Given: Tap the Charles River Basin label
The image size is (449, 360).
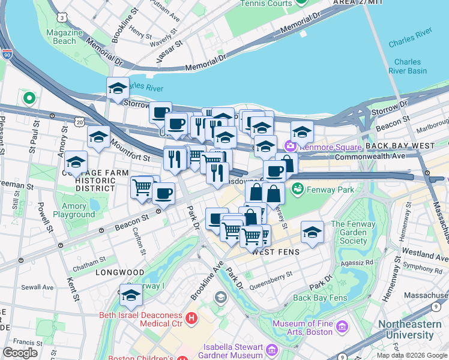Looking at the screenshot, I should (411, 66).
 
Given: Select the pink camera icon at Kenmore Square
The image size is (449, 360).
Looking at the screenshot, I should (291, 146).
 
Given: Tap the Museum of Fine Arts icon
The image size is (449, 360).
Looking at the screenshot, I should (342, 327).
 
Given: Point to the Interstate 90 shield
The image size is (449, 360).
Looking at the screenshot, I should (7, 55).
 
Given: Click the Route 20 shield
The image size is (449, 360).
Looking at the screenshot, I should (80, 122).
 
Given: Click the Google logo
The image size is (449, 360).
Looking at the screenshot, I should (20, 352).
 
